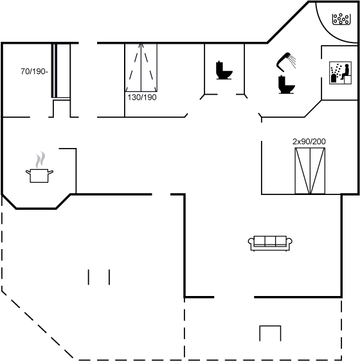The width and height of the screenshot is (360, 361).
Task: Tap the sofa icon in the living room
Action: pos(270,243)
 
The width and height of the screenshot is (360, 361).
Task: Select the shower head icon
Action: pos(283,62)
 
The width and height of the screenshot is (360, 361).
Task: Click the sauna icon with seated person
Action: pos(340,73)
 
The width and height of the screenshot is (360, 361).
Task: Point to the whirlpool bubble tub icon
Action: pos(341,19)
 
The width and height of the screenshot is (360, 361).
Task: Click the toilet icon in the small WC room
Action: pos(224,70)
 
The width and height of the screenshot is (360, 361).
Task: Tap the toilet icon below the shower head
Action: pos(286,85)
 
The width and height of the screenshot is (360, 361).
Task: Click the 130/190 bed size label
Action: pos(142,97)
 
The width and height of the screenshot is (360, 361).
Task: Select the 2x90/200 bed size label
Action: pos(309,142)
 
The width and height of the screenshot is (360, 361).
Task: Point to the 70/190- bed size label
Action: pos(34,71)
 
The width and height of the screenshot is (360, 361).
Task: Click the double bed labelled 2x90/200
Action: pos(310,171)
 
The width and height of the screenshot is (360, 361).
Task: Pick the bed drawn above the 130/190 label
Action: pos(141,68)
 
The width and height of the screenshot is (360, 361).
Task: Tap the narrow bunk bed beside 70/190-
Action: pos(60,71)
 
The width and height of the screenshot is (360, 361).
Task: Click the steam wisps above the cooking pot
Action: pos(40,160)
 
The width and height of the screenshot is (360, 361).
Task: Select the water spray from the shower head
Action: pos(292,61)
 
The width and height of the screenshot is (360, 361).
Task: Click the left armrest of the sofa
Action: pos(251,241)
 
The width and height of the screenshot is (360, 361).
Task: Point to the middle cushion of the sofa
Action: pos(270,241)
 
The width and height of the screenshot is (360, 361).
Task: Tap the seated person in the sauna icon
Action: pos(345,72)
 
